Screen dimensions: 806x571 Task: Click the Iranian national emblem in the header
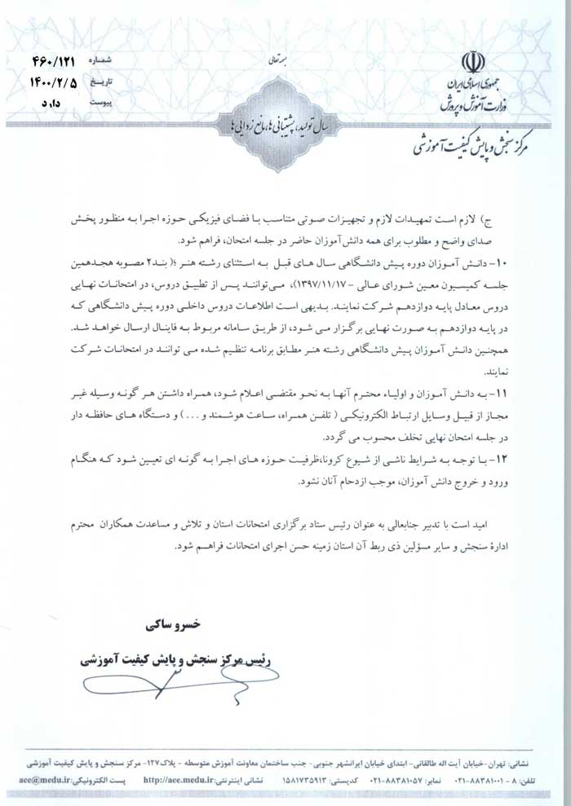click(471, 63)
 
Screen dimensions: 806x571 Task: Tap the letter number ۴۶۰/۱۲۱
click(57, 61)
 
